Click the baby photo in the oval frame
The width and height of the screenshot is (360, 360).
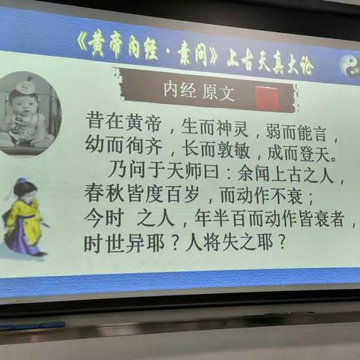(x=28, y=114)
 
